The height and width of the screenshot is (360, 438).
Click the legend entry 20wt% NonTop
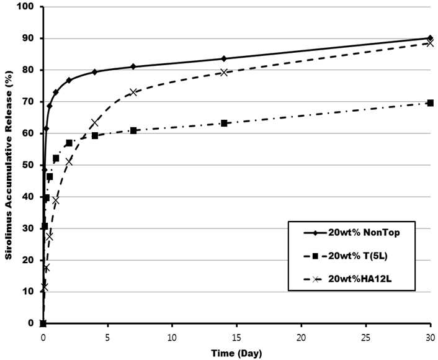[352, 233]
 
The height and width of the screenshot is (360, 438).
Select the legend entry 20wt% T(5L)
[346, 256]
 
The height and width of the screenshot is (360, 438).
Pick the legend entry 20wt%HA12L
[348, 279]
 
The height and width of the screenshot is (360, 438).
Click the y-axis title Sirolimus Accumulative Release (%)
[9, 165]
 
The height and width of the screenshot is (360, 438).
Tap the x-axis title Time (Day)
[236, 353]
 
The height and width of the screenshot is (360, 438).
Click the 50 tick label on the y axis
[28, 165]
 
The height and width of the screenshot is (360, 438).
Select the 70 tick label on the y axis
[28, 102]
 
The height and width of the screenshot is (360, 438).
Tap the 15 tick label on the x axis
[237, 338]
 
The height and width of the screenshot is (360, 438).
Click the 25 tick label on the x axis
[366, 338]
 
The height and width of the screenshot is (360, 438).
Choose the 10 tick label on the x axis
[172, 338]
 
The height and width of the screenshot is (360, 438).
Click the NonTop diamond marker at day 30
[431, 38]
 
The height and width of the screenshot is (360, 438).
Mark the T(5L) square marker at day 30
[431, 103]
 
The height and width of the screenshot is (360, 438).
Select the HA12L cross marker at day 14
[224, 73]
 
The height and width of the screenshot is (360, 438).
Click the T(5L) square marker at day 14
[224, 124]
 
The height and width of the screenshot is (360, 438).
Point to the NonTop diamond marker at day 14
[224, 59]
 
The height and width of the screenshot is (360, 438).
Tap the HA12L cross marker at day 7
[133, 92]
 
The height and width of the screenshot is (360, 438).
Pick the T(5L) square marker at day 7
[133, 130]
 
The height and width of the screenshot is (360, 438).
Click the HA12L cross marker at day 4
[95, 123]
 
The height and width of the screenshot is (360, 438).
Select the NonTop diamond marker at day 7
[133, 66]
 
